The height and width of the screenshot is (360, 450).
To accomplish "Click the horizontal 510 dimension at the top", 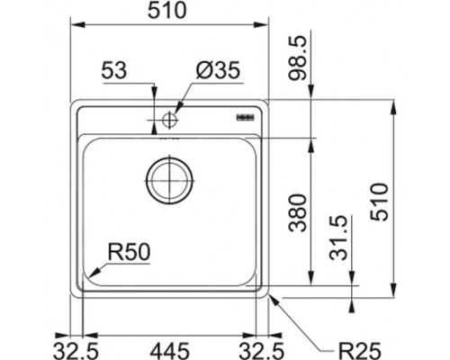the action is click(167, 11).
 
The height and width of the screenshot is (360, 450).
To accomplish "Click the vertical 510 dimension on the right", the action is click(380, 202).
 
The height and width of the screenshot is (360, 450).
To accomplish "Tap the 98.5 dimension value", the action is click(298, 58).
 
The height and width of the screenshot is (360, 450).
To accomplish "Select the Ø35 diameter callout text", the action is click(218, 71).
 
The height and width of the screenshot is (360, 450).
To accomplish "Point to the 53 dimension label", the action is click(114, 71).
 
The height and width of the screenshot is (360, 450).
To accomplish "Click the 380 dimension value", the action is click(298, 212).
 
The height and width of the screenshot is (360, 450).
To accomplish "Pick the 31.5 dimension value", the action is click(338, 238).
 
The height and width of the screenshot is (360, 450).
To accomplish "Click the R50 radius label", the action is click(129, 252).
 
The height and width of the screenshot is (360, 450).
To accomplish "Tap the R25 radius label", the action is click(359, 350).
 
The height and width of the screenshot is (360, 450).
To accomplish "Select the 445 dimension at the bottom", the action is click(170, 351).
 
